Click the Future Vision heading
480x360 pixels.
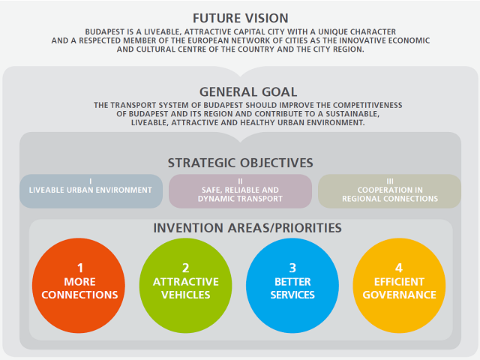[x=240, y=18]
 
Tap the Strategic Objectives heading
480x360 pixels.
[x=240, y=163]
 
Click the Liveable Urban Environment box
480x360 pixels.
[x=91, y=190]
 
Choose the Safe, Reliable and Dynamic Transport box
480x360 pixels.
[x=240, y=190]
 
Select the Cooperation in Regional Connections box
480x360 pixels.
[x=390, y=190]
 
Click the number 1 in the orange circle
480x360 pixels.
[x=79, y=268]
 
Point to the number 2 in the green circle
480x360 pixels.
[x=186, y=268]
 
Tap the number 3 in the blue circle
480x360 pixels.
[x=292, y=268]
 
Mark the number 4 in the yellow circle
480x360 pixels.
[x=399, y=268]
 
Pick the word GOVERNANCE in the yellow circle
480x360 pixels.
[x=399, y=295]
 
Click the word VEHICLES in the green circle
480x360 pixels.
[x=186, y=295]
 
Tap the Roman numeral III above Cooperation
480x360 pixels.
[x=390, y=181]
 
